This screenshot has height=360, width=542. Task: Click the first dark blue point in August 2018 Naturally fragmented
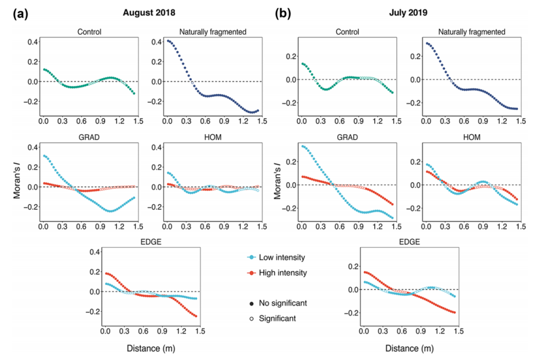tap(168, 41)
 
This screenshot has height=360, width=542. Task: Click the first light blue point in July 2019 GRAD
tap(303, 146)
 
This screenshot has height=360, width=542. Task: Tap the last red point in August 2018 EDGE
tap(196, 316)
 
